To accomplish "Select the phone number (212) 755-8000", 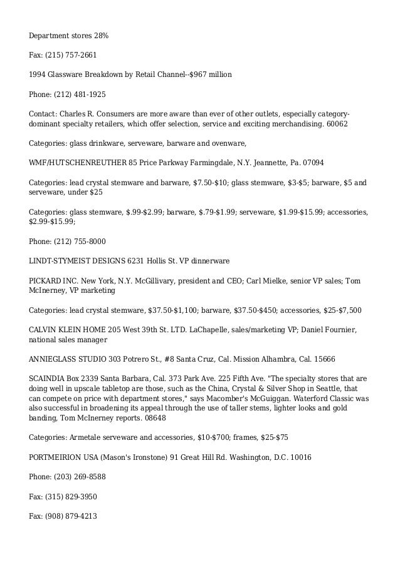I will [80, 240].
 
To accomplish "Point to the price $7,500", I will [348, 310].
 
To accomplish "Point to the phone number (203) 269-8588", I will [80, 477].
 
